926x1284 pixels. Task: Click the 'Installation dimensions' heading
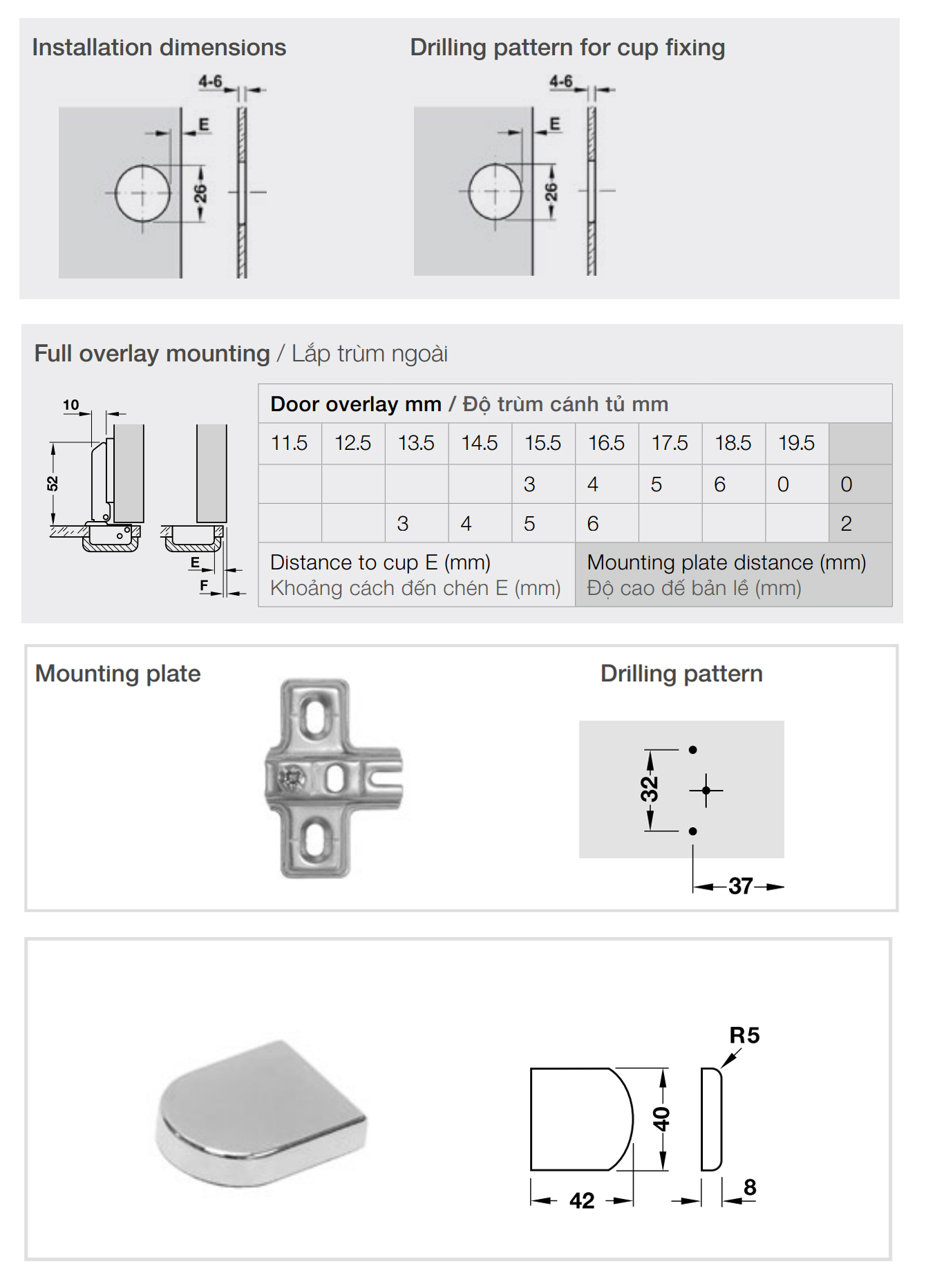click(x=159, y=48)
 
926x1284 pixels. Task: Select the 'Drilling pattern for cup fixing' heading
click(x=567, y=48)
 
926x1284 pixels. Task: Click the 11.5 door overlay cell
click(x=289, y=443)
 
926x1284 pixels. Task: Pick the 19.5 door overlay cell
click(x=796, y=443)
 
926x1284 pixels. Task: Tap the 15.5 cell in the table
click(x=542, y=443)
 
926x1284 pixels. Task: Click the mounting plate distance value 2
click(x=846, y=524)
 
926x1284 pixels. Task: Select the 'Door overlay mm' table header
click(x=356, y=404)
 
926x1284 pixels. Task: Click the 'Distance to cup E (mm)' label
click(x=380, y=563)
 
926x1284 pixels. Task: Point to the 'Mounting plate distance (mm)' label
click(x=726, y=563)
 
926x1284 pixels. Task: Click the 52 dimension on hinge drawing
click(x=53, y=484)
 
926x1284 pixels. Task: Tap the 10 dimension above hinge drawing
click(x=71, y=405)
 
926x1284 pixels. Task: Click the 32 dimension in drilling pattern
click(x=650, y=789)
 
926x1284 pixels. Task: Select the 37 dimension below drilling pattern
click(x=740, y=886)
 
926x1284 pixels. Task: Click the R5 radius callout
click(x=744, y=1035)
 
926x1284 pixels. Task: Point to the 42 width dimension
click(x=582, y=1200)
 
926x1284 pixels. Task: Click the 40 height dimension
click(x=661, y=1118)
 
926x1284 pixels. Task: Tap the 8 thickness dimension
click(x=750, y=1187)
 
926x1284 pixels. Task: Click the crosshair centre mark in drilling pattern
click(x=706, y=790)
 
